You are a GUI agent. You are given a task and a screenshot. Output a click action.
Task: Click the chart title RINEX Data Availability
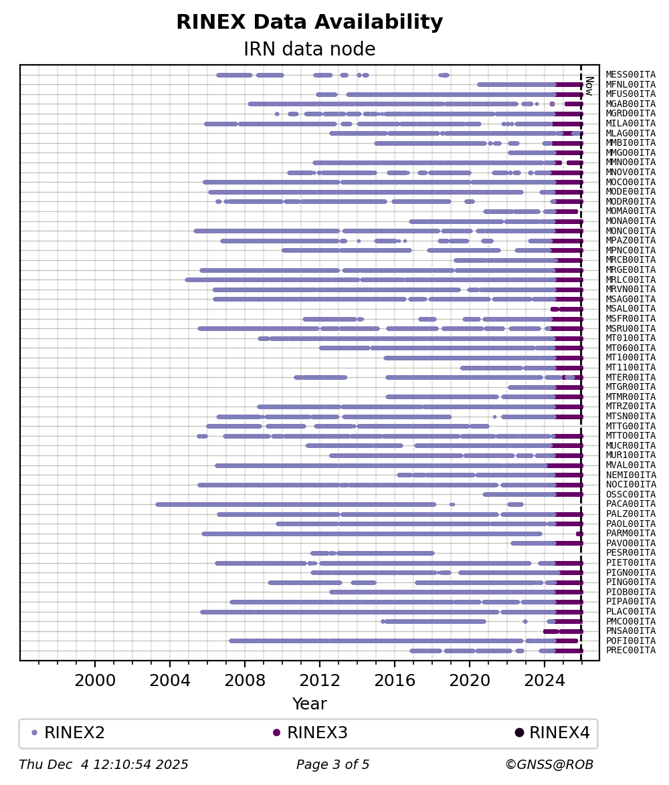tap(310, 22)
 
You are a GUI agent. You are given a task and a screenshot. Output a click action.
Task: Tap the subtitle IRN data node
tap(310, 49)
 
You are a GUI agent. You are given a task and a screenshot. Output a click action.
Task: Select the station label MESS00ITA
tap(630, 75)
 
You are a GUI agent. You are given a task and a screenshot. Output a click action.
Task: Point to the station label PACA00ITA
tap(630, 504)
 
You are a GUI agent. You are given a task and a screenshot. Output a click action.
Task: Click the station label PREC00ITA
tap(630, 651)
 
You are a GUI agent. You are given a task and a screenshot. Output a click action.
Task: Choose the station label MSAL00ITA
tap(630, 309)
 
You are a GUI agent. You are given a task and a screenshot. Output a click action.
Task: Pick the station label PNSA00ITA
tap(630, 631)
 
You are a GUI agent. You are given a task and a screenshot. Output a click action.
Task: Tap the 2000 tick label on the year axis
tap(95, 681)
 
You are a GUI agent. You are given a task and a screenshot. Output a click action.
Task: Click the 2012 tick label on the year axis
tap(320, 681)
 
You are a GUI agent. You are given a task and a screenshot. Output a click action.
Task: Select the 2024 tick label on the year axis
tap(545, 681)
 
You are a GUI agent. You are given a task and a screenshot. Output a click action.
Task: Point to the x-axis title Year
tap(310, 703)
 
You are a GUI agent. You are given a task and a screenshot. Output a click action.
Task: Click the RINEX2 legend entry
tap(68, 732)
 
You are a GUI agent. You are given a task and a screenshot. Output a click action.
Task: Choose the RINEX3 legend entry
tap(310, 732)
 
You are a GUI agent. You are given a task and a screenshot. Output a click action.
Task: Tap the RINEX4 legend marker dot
tap(519, 733)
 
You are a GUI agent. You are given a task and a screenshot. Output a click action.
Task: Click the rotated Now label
tap(589, 86)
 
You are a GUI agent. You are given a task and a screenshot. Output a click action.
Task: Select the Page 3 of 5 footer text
tap(333, 764)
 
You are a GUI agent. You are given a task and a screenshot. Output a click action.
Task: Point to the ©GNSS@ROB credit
tap(549, 764)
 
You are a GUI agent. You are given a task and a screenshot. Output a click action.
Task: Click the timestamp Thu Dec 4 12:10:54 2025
tap(104, 764)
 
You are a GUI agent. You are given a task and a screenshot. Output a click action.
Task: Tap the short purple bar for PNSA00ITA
tap(563, 631)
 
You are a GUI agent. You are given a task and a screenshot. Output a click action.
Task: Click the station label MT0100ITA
tap(630, 338)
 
